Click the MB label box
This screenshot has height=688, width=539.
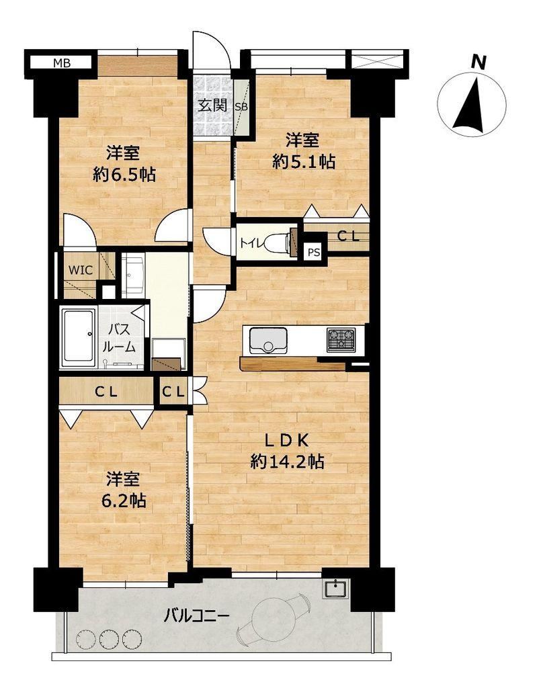point(60,62)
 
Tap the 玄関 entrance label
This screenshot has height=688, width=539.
point(212,105)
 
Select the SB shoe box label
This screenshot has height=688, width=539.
point(241,106)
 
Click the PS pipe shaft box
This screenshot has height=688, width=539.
point(314,253)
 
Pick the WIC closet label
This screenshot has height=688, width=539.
point(81,270)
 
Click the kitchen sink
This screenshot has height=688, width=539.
point(268,340)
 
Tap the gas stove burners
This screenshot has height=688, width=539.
point(342,339)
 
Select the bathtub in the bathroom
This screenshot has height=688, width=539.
point(79,337)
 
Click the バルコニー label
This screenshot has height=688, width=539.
point(197,617)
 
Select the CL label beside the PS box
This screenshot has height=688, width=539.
point(348,236)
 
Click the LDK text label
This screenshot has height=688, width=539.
point(287,440)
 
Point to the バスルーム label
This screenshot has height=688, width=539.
point(118,339)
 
